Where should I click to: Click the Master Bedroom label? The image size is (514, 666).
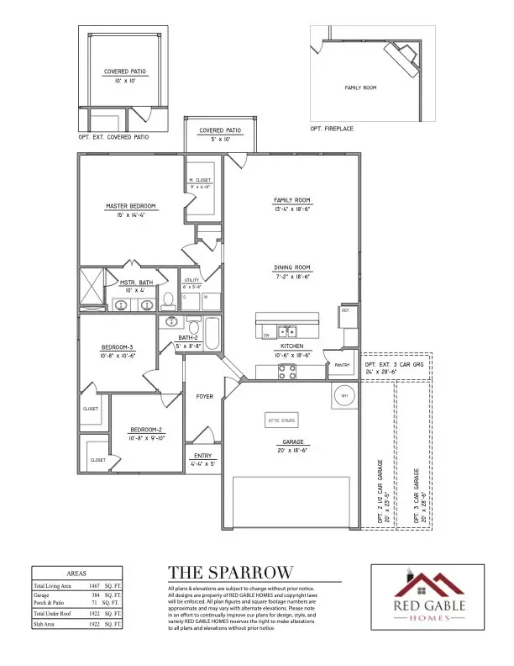[130, 206]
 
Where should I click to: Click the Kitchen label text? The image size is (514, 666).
[291, 346]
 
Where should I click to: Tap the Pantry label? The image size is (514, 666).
[342, 365]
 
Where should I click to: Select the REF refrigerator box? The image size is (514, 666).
[345, 310]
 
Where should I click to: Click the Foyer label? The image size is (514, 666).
[205, 396]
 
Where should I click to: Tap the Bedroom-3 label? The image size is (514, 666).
[118, 346]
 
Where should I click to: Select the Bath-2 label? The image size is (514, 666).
[187, 338]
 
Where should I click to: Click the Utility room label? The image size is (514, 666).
[191, 280]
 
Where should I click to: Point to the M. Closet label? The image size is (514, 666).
[200, 180]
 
